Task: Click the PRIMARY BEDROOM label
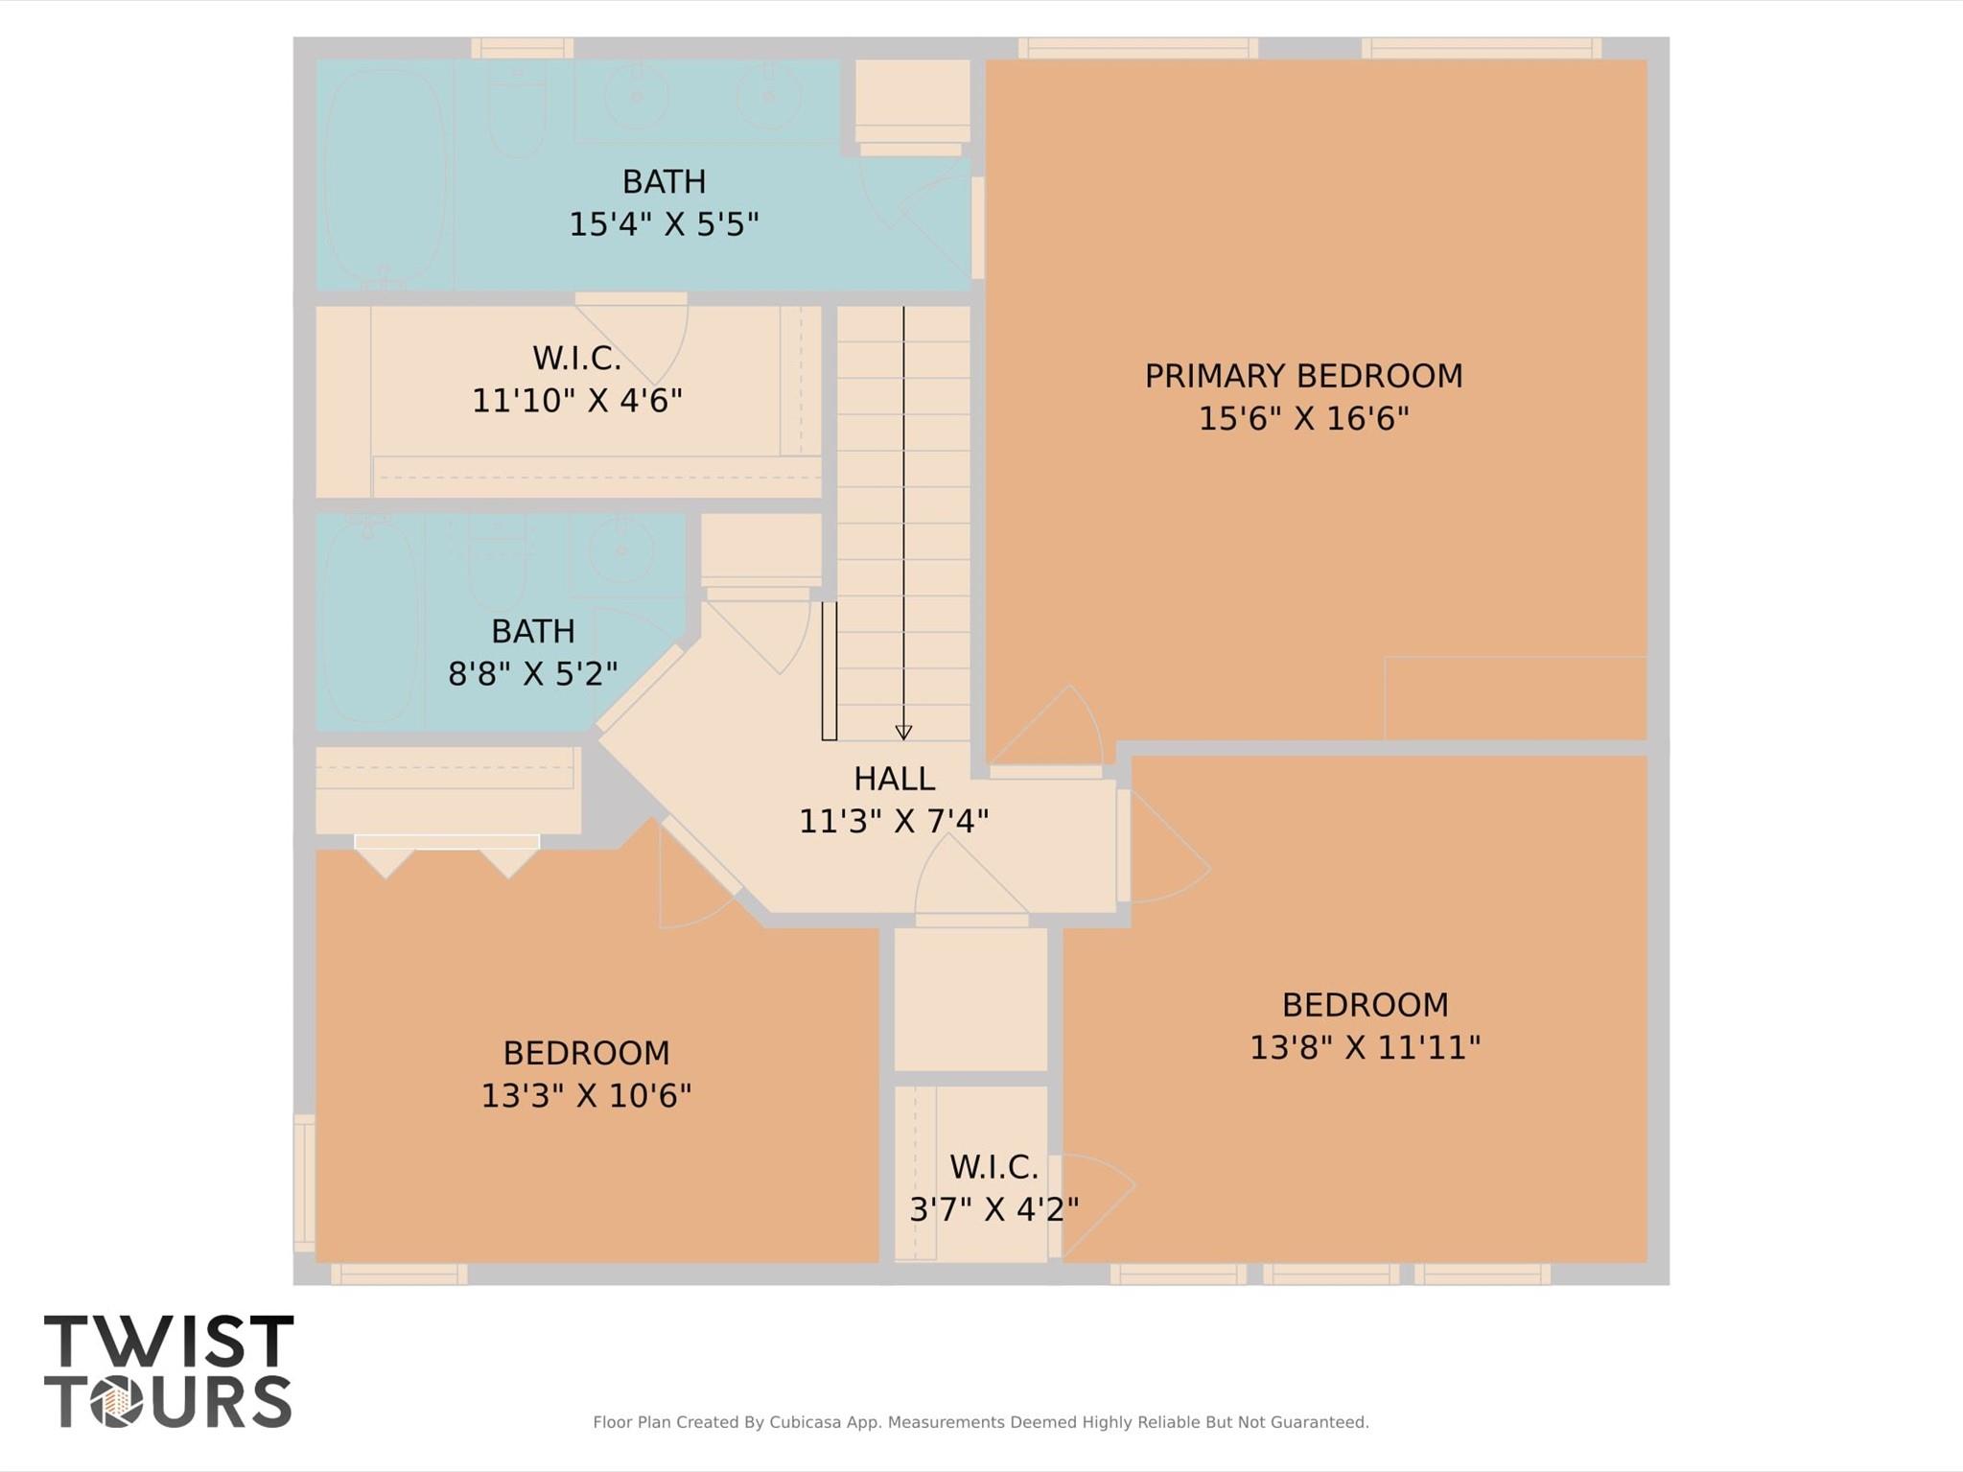click(x=1303, y=376)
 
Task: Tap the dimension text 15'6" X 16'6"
click(x=1303, y=419)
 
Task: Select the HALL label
click(x=894, y=779)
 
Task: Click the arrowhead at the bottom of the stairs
click(x=903, y=733)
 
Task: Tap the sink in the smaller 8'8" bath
click(x=621, y=551)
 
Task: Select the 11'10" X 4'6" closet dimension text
click(x=576, y=401)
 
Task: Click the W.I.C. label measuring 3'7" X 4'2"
click(x=993, y=1167)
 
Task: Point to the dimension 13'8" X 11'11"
click(x=1365, y=1048)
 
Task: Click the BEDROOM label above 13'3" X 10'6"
click(x=586, y=1053)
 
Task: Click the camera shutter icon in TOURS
click(x=117, y=1402)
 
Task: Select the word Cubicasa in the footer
click(x=806, y=1422)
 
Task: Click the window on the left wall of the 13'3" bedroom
click(x=304, y=1182)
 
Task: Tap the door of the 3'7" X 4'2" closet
click(x=1093, y=1206)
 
